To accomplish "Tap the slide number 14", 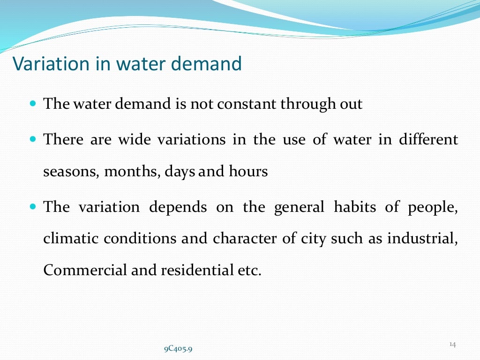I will coord(452,345).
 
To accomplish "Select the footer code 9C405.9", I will coord(178,349).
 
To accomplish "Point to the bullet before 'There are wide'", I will coord(33,139).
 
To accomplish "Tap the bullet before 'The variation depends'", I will coord(33,206).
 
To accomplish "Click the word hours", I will coord(248,172).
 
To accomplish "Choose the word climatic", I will coord(71,239).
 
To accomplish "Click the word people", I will coord(434,207).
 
